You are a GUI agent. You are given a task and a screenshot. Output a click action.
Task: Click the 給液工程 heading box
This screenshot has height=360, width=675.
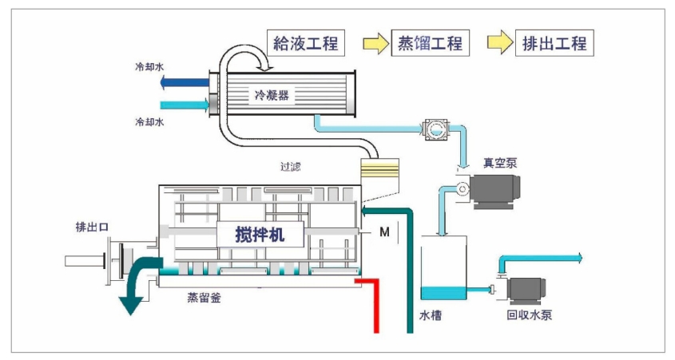coord(305,42)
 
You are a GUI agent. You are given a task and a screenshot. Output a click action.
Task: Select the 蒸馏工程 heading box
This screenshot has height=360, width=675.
coord(430,42)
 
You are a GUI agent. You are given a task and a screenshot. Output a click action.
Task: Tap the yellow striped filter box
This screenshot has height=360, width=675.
coord(379,170)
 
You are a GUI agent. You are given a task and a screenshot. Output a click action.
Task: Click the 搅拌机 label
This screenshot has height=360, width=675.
coord(260,235)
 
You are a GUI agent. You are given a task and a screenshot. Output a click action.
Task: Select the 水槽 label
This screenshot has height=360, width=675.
coord(431,315)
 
